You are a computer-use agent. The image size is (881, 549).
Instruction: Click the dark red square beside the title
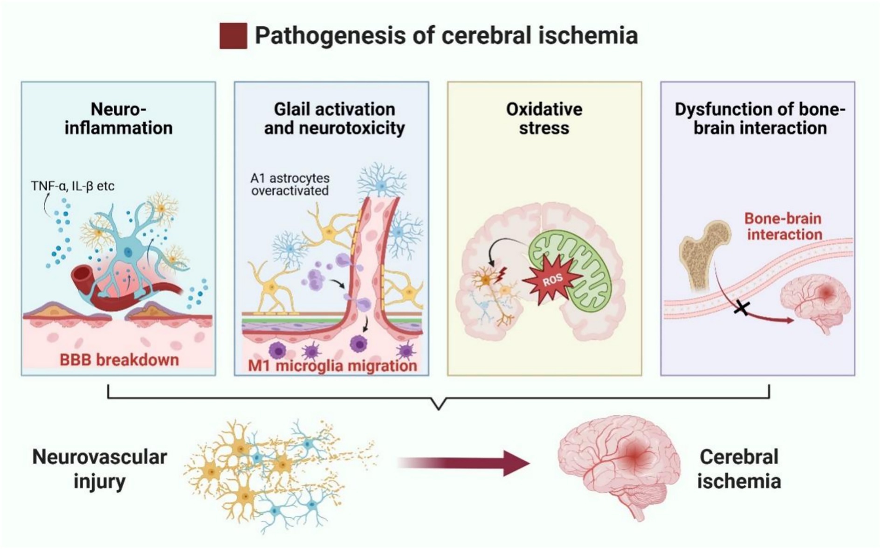click(233, 36)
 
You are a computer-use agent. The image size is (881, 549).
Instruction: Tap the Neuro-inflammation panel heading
click(118, 118)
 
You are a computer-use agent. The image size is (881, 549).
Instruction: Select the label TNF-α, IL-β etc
click(72, 186)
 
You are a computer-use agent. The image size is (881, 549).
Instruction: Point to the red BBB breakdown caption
click(119, 360)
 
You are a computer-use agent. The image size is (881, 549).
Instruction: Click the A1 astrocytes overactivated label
click(289, 184)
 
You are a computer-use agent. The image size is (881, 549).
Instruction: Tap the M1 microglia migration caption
click(332, 365)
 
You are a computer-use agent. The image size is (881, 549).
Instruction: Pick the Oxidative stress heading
click(544, 118)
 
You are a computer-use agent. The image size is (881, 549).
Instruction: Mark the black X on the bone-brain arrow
click(742, 308)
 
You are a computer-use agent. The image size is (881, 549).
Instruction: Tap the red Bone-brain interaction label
click(784, 226)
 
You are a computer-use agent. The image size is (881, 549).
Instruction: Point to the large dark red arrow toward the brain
click(466, 463)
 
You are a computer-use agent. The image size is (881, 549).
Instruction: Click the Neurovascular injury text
click(99, 469)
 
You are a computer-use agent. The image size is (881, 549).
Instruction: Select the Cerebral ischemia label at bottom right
click(739, 469)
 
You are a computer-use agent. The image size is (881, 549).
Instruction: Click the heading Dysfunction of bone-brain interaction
click(759, 118)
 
